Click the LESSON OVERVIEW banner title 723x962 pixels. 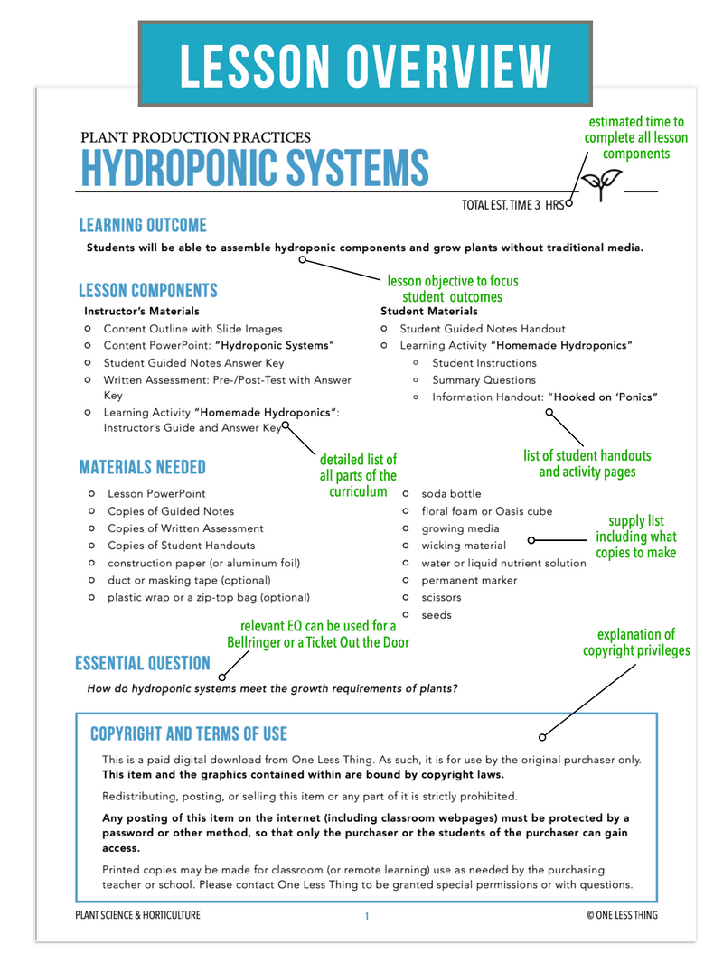click(365, 66)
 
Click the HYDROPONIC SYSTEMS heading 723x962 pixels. click(255, 168)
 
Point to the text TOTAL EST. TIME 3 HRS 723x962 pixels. click(512, 205)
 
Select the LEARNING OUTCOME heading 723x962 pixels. click(143, 226)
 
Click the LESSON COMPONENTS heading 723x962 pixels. click(148, 291)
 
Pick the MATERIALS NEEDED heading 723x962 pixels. click(143, 468)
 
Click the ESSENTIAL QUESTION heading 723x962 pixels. click(143, 664)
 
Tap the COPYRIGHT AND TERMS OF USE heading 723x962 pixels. click(189, 733)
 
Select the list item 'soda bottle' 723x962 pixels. click(451, 494)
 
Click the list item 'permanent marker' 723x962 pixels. click(469, 581)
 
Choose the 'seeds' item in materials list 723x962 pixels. click(437, 615)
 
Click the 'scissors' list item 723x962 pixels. click(441, 598)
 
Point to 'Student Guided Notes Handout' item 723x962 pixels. click(483, 329)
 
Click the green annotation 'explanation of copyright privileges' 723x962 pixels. click(636, 642)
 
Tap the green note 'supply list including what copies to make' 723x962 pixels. click(636, 537)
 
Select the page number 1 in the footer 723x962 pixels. click(367, 916)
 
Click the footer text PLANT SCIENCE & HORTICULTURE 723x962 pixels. click(138, 916)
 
